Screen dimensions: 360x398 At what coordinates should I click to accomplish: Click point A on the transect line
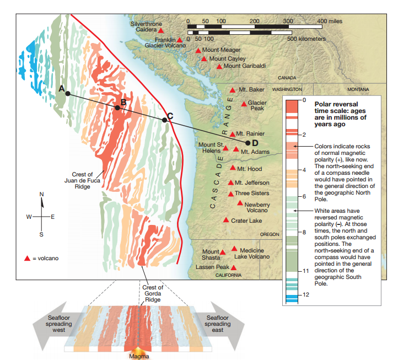(67, 94)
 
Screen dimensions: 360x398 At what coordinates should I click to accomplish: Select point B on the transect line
(117, 108)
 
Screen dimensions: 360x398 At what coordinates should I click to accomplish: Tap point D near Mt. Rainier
(248, 143)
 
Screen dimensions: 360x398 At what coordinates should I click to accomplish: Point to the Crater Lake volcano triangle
(226, 220)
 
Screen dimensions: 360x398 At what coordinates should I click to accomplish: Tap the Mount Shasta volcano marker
(223, 252)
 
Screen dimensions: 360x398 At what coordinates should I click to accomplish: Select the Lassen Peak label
(212, 267)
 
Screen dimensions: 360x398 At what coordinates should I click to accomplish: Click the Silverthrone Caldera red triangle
(161, 31)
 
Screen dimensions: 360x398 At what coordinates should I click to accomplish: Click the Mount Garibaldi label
(245, 66)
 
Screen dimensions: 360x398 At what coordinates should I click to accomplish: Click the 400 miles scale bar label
(330, 20)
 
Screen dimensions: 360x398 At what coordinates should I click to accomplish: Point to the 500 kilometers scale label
(306, 39)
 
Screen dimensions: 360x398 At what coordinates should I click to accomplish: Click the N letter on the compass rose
(40, 194)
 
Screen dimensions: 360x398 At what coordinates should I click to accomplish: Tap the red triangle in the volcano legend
(26, 258)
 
